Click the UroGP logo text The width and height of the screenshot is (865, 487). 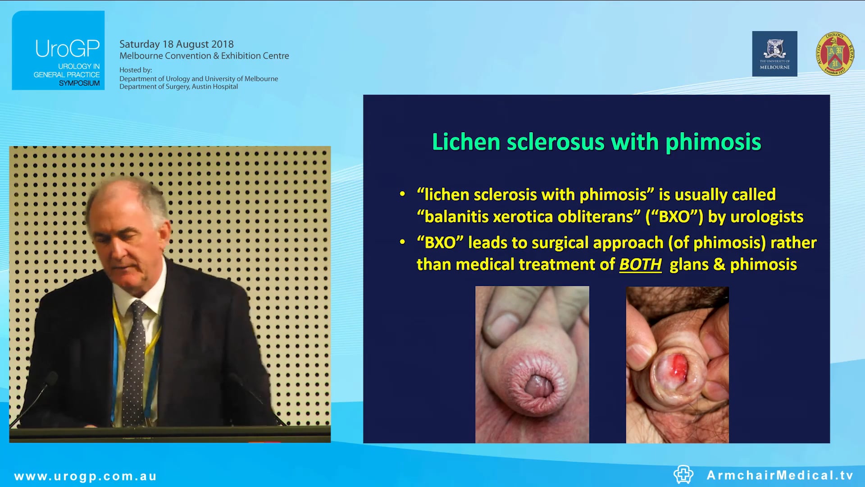point(68,49)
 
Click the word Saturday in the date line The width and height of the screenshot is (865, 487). point(139,44)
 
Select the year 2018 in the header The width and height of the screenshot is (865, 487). point(223,44)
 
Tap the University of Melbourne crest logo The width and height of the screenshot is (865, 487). point(774,53)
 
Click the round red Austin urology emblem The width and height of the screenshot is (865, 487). point(835,54)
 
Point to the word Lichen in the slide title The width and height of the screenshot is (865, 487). point(466,142)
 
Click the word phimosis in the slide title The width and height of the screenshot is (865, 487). point(713,142)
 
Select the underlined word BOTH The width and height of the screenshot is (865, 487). point(640,264)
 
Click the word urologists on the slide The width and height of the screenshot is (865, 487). point(767,217)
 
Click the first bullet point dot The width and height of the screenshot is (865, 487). point(402,194)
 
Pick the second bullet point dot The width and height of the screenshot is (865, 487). point(402,242)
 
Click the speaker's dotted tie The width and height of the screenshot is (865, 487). point(135,361)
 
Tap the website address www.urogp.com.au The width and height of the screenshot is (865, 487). point(86,476)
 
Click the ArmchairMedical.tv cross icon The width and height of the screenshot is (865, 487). point(683,474)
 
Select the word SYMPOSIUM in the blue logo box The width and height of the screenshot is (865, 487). point(79,83)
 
